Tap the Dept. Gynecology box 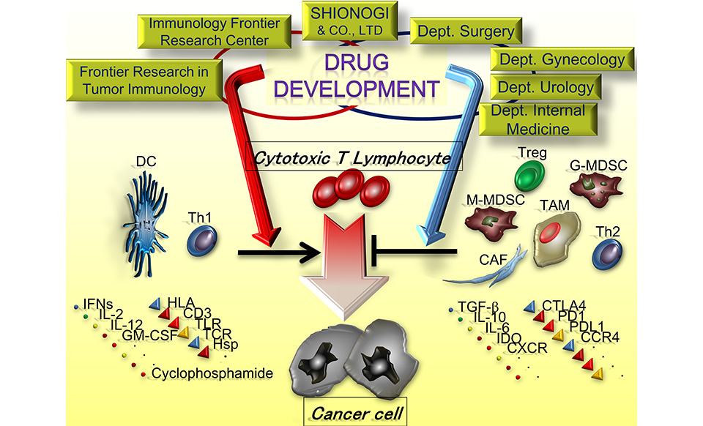(x=562, y=59)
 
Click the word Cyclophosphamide (x=212, y=374)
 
